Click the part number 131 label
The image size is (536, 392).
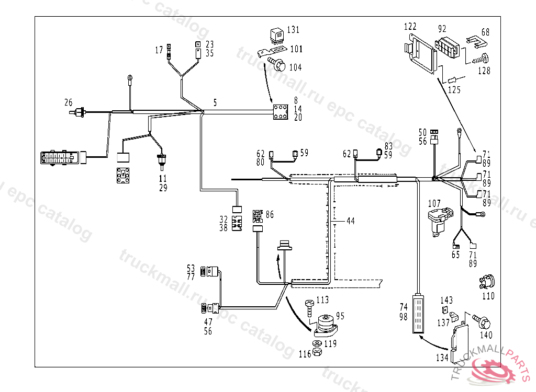[293, 30]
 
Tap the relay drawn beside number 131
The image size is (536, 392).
[276, 35]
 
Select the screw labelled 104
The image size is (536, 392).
[278, 65]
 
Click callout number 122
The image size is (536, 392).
[410, 26]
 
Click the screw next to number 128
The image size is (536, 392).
[481, 59]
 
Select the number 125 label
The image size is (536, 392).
[454, 89]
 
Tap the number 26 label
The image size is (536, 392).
[69, 102]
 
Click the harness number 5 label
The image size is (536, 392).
[215, 102]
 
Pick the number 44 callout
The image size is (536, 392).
[351, 221]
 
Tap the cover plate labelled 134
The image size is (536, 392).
[461, 342]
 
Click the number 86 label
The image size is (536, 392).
[270, 214]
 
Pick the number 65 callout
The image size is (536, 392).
[456, 255]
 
